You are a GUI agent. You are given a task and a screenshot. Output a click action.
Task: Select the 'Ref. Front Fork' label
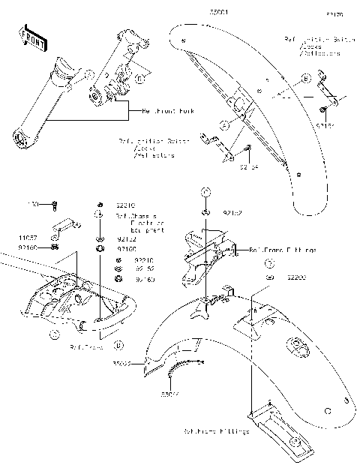(x=168, y=110)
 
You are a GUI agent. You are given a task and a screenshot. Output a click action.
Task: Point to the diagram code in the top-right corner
(x=334, y=13)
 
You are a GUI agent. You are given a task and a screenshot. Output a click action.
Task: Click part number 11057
(x=28, y=236)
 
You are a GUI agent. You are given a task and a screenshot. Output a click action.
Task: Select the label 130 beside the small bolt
(x=33, y=203)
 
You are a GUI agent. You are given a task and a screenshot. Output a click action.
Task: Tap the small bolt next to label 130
(x=54, y=203)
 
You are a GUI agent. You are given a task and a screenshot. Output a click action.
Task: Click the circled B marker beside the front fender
(x=305, y=78)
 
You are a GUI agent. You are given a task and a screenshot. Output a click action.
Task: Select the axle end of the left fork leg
(x=22, y=138)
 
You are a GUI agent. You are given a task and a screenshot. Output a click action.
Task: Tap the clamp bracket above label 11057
(x=66, y=226)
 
